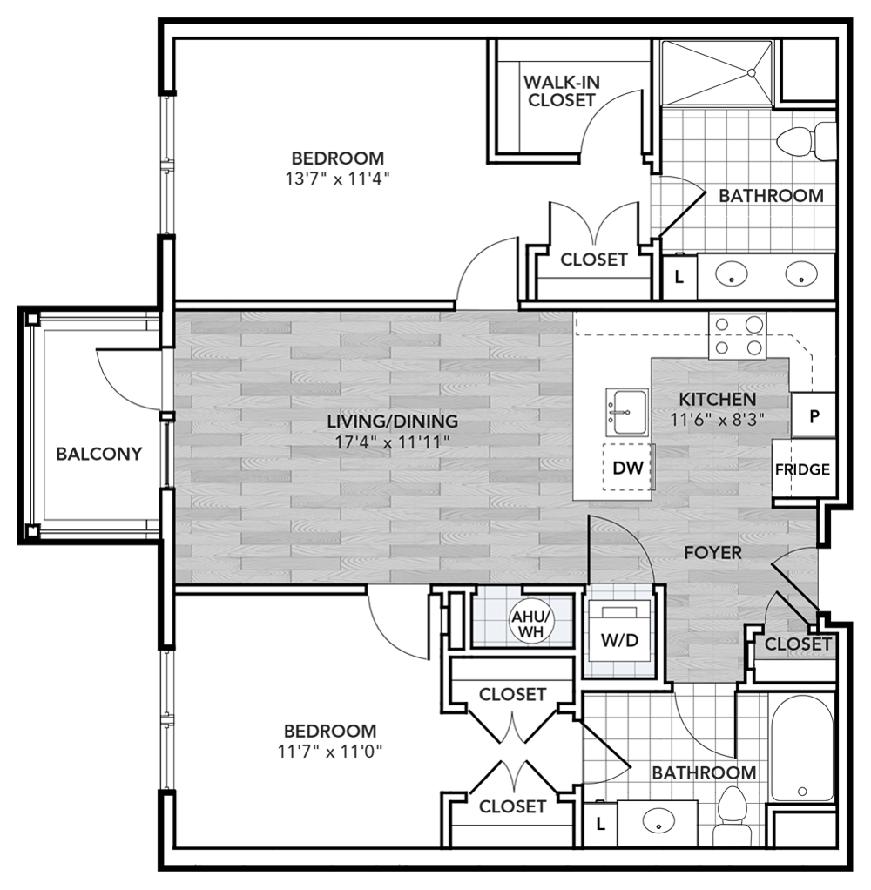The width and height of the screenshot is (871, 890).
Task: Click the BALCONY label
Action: pyautogui.click(x=98, y=454)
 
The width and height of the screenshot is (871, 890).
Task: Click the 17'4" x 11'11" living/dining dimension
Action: pyautogui.click(x=392, y=442)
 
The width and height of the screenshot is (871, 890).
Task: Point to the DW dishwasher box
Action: pyautogui.click(x=627, y=469)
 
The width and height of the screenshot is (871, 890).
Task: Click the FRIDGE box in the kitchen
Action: pyautogui.click(x=802, y=469)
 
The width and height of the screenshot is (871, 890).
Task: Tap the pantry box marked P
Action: pyautogui.click(x=814, y=415)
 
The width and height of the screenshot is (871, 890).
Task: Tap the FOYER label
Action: pyautogui.click(x=712, y=553)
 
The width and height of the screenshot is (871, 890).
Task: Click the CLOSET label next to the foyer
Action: pyautogui.click(x=798, y=644)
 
